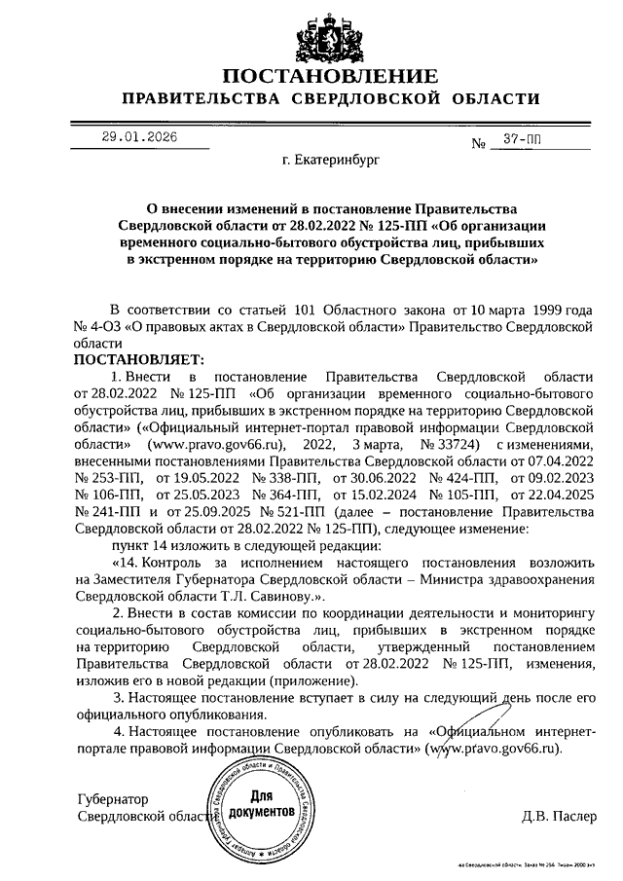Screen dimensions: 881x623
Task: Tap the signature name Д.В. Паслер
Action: tap(558, 814)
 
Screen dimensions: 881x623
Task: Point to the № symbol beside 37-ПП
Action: tap(478, 144)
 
